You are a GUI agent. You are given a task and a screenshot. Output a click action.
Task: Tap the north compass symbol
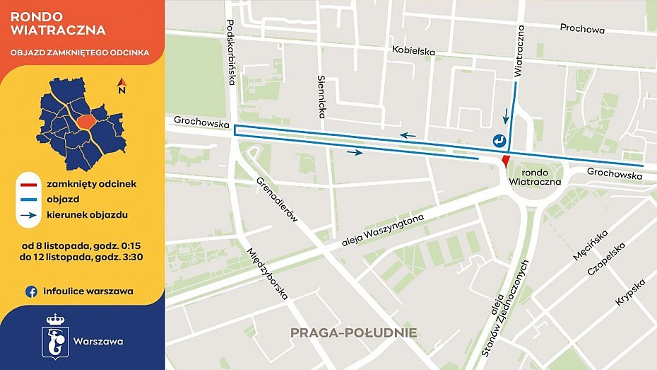tap(122, 86)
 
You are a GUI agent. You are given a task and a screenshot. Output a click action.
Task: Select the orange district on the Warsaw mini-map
tap(86, 122)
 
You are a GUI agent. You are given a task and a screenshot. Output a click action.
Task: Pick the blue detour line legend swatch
tap(28, 199)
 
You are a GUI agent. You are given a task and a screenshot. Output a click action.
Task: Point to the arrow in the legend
tap(28, 214)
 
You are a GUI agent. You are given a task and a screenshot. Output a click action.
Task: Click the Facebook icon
tap(31, 291)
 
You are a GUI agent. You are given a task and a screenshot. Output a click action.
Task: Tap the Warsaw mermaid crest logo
tap(55, 337)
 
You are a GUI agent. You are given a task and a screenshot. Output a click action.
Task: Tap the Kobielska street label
tap(415, 52)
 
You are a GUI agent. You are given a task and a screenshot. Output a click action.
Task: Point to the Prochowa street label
tap(582, 29)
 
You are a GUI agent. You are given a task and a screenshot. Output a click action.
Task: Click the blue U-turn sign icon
tap(499, 140)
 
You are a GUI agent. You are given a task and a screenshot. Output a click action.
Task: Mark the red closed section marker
tap(504, 161)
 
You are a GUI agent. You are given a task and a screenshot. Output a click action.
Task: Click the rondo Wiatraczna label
tap(535, 177)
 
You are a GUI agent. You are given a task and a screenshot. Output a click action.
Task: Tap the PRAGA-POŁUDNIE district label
tap(354, 333)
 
